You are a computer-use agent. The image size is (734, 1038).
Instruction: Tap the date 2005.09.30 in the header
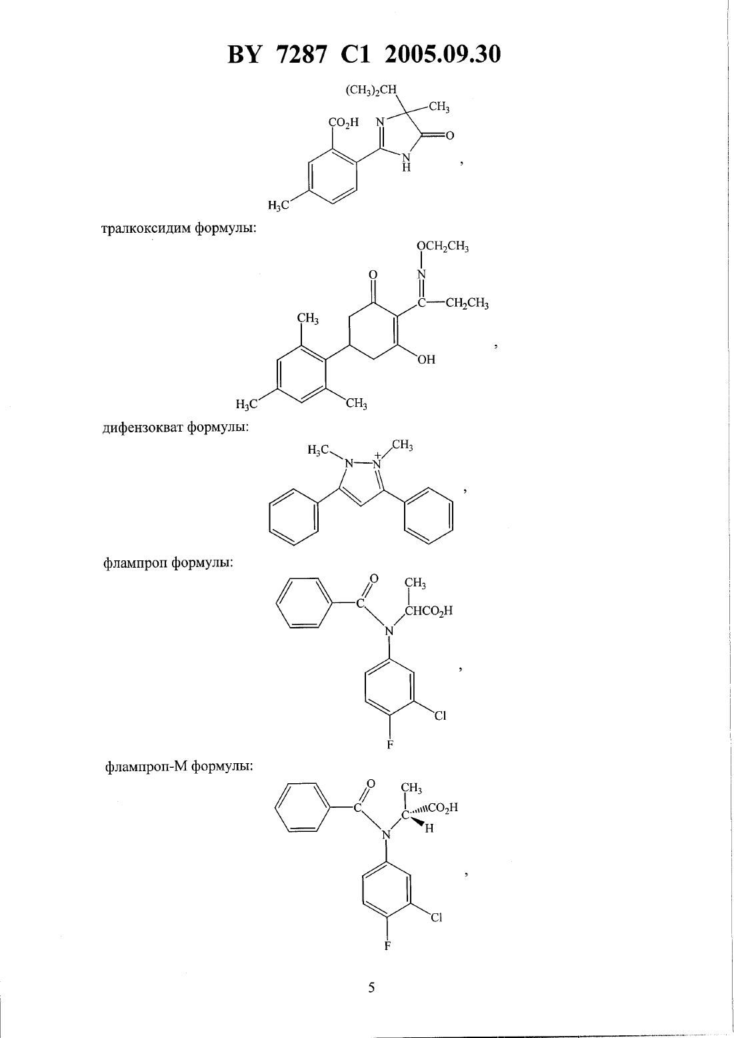[443, 55]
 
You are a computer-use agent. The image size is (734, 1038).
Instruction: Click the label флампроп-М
[147, 767]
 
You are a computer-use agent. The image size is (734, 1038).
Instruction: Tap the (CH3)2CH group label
[372, 90]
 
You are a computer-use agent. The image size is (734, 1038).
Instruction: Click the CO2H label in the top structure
[343, 123]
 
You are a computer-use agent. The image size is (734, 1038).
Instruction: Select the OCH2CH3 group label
[443, 246]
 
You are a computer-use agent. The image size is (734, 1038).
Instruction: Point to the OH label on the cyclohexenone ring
[427, 359]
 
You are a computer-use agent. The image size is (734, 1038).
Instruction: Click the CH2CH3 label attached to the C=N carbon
[467, 304]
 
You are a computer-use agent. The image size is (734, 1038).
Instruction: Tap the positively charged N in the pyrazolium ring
[377, 462]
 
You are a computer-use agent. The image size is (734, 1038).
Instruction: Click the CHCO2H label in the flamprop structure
[429, 611]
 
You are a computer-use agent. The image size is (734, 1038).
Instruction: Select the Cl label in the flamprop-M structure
[437, 917]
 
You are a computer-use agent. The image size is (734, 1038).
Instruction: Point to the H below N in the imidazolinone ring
[406, 167]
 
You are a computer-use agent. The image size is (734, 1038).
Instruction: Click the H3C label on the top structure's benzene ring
[279, 205]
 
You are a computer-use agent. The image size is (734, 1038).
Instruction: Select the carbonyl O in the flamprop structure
[374, 579]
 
